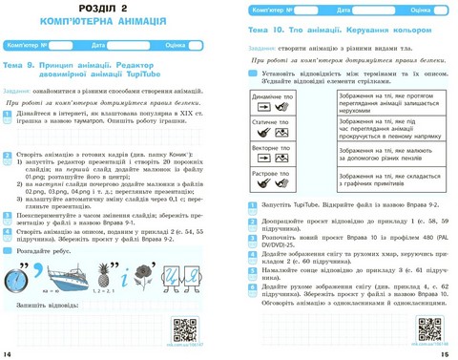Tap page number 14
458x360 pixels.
[9, 351]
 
